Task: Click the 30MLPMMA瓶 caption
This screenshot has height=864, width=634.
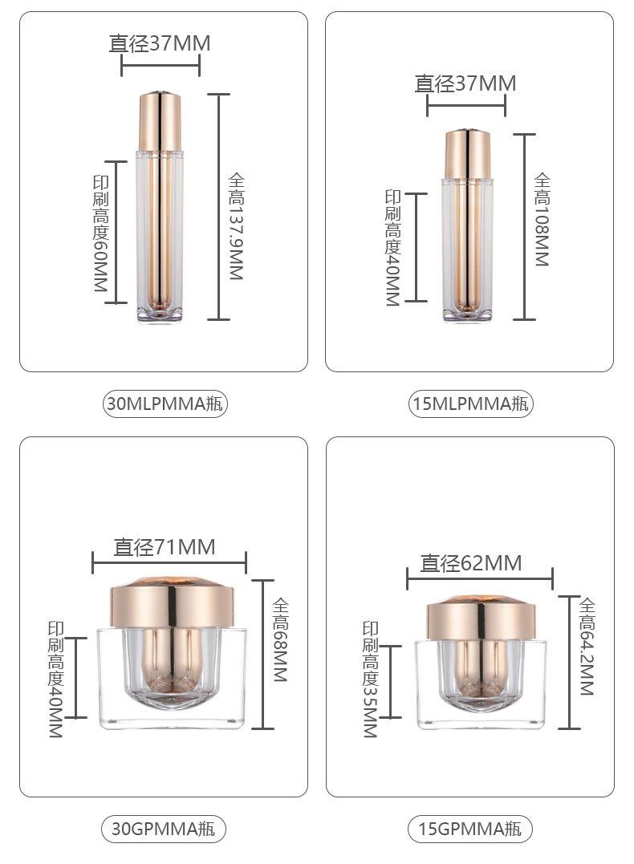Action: click(x=165, y=404)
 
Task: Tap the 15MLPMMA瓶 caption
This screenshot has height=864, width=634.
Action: click(x=471, y=404)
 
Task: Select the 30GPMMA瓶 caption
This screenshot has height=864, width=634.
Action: click(x=164, y=829)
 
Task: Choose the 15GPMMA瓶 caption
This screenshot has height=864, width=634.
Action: click(x=470, y=829)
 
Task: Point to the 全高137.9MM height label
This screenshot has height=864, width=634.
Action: click(x=236, y=226)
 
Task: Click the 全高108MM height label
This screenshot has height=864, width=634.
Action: click(x=542, y=220)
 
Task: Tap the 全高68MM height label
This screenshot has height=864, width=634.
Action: click(x=281, y=640)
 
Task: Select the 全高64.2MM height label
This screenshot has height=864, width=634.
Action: click(x=587, y=647)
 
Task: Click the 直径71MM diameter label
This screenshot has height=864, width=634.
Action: click(x=165, y=547)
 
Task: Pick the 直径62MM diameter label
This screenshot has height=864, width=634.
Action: click(x=471, y=563)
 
